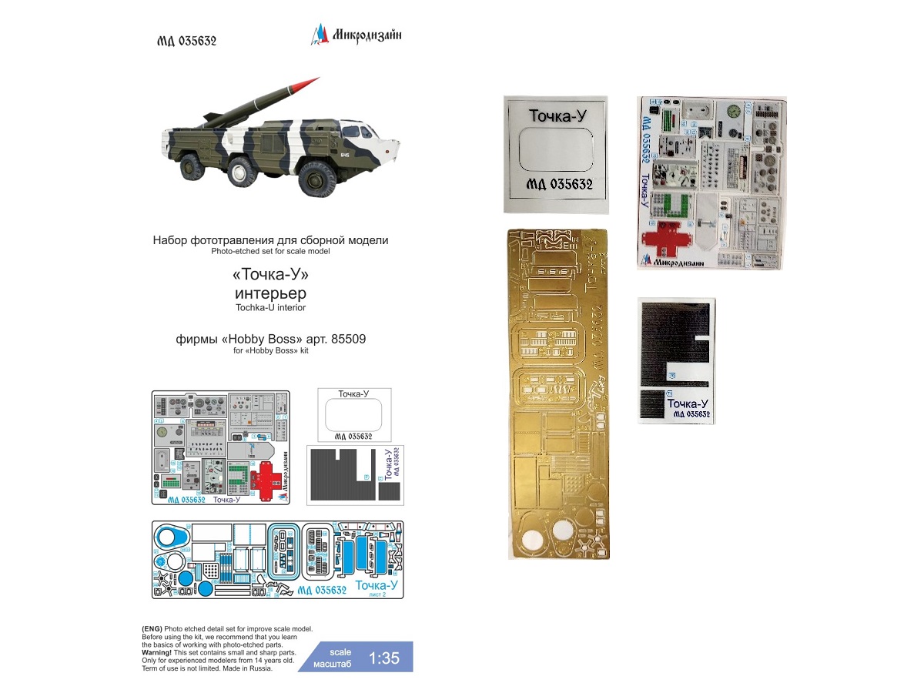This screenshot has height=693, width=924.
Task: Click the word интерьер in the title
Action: pos(270,293)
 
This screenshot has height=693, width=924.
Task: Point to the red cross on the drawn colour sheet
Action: pos(265,480)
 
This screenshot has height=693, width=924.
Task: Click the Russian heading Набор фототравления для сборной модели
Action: pos(270,240)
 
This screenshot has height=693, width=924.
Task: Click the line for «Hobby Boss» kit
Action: pos(270,351)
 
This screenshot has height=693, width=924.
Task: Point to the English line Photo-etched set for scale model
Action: pos(270,252)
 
